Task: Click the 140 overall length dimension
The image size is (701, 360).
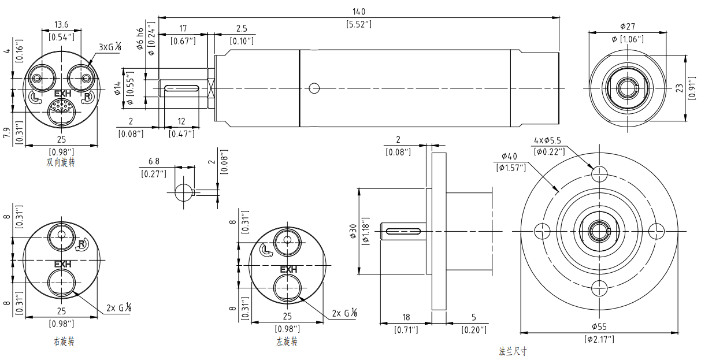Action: tap(359, 12)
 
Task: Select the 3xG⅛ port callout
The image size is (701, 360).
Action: tap(109, 47)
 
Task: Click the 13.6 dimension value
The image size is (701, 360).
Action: tap(61, 24)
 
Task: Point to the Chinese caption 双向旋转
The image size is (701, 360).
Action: tap(61, 162)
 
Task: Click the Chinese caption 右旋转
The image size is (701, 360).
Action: tap(64, 342)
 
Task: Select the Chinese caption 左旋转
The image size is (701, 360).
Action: tap(287, 342)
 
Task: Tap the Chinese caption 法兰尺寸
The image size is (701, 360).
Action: tap(513, 351)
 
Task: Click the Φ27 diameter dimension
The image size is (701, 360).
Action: tap(628, 27)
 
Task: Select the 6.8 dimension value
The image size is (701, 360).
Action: tap(154, 160)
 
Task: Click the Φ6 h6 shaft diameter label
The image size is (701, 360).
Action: tap(140, 39)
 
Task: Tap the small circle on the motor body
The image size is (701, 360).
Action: tap(314, 88)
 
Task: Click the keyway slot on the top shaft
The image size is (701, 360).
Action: tap(182, 88)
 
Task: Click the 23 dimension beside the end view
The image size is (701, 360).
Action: tap(679, 88)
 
